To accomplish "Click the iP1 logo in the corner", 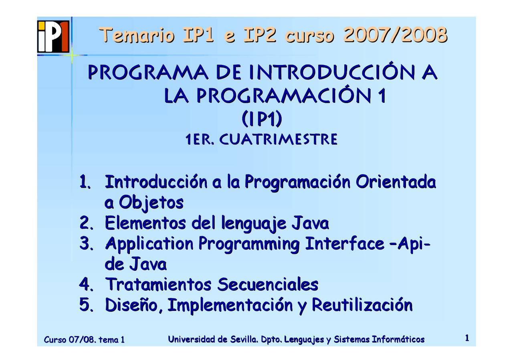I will pos(53,37).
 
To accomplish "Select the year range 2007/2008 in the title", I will pos(395,35).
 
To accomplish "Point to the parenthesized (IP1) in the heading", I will pos(262,119).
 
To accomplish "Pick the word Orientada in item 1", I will pos(396,182).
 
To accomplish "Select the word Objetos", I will pos(151,203).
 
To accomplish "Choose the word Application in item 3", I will pos(149,244).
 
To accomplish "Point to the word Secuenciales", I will pos(267,285).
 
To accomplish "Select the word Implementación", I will pos(230,305).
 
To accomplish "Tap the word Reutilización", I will pos(362,305).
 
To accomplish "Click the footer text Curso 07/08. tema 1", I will pos(84,340).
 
